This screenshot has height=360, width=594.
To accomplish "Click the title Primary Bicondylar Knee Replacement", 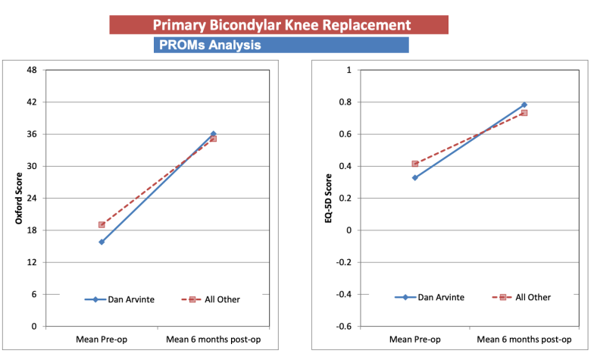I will tap(280, 24).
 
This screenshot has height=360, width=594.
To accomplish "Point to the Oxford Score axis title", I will tap(17, 199).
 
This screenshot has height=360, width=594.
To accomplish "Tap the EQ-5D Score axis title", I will tap(328, 199).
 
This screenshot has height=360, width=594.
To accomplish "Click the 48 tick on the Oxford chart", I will tap(32, 70).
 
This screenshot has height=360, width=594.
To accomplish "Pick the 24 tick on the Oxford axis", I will tap(32, 198).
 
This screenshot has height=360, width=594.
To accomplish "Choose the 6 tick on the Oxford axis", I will tap(34, 294).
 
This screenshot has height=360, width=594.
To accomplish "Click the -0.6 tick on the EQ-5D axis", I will tap(342, 326).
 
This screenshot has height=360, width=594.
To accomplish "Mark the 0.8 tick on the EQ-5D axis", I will tap(344, 102).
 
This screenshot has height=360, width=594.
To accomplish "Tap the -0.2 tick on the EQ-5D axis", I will tap(342, 262).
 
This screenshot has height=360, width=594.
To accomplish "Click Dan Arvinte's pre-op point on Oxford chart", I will tap(102, 242).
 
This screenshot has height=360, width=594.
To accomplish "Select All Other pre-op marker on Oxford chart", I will tap(102, 225).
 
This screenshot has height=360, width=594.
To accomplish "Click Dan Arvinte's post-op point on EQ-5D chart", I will tap(524, 105).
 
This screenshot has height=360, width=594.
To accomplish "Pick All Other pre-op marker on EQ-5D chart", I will tap(414, 164).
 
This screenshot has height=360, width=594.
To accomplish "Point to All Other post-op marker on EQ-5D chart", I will tap(524, 113).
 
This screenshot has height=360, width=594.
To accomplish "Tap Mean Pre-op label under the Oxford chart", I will tap(102, 341).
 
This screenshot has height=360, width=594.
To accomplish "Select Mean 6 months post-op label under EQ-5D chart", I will tap(524, 341).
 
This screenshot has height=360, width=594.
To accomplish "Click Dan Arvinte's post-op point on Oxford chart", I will tap(213, 134).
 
